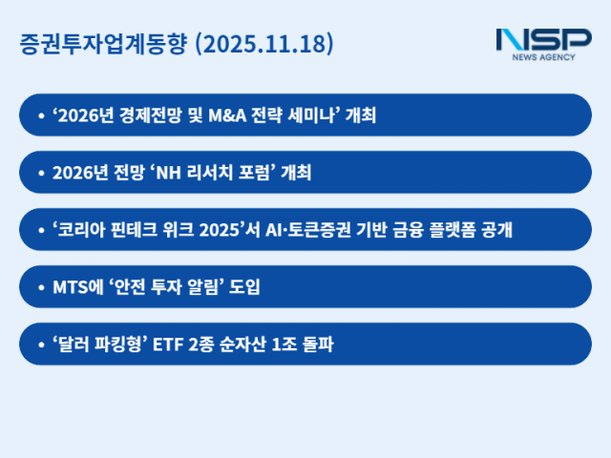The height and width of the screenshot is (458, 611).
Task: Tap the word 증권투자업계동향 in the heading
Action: (103, 45)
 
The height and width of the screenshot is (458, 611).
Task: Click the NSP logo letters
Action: (543, 40)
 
